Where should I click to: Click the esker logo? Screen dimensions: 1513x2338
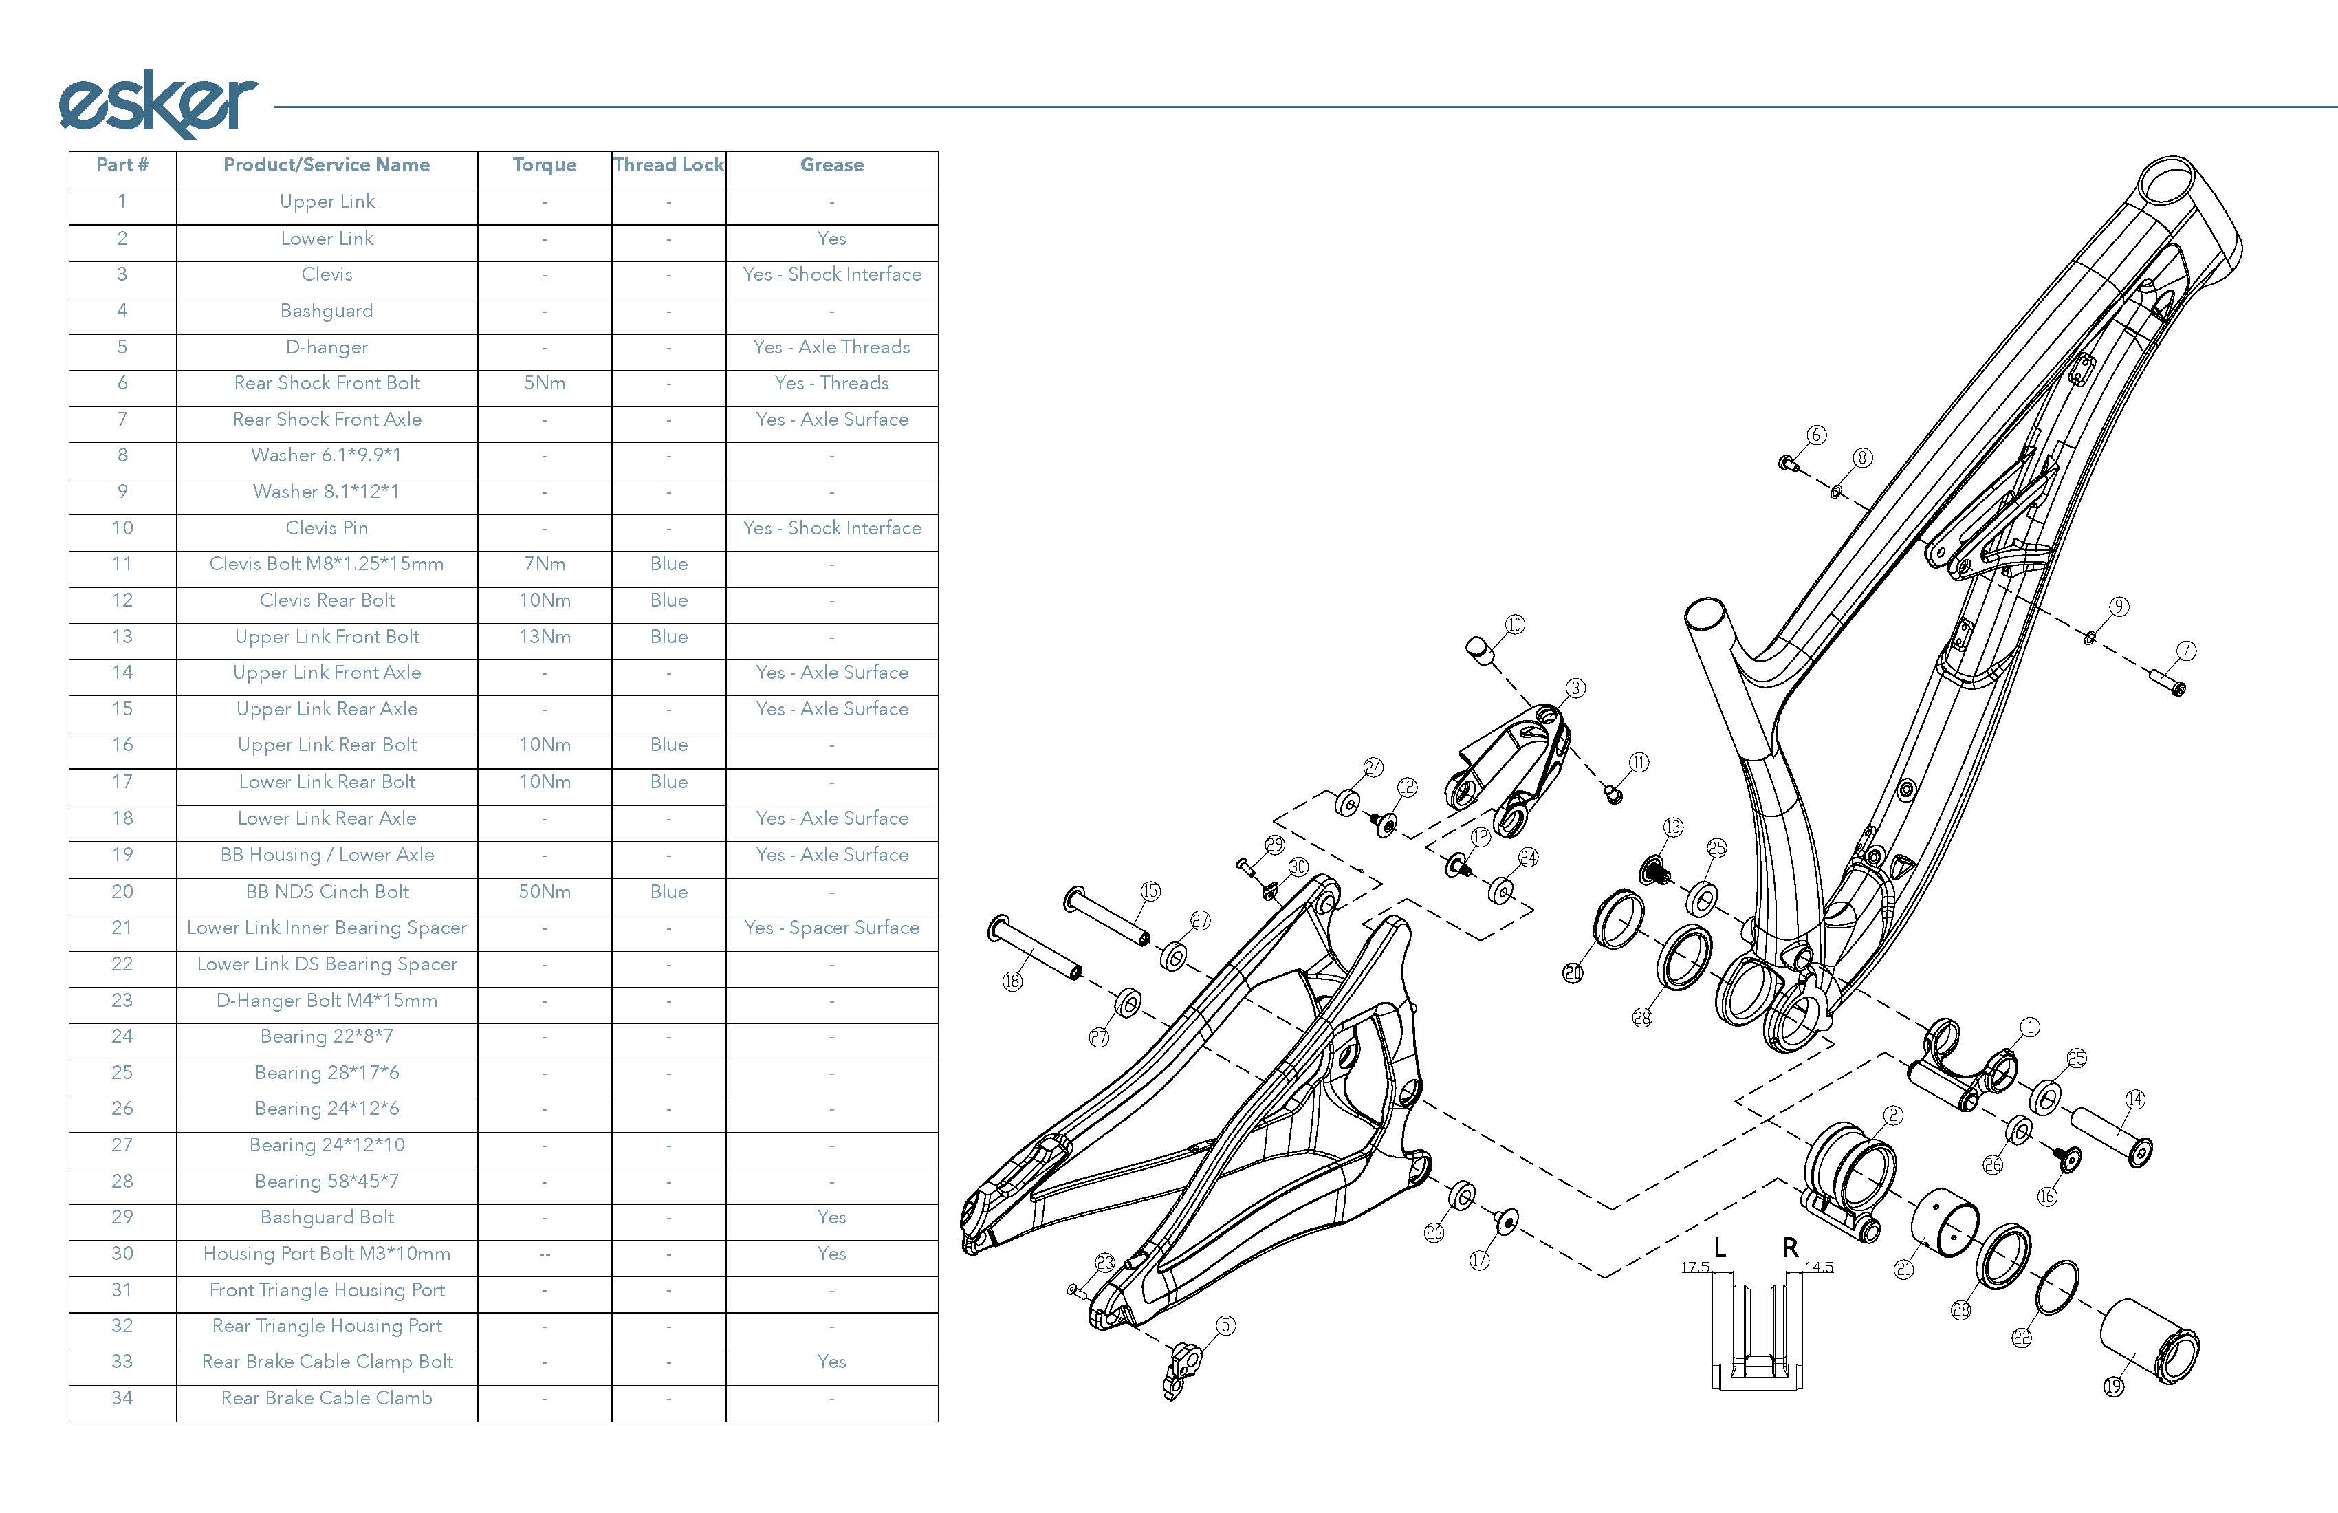point(157,103)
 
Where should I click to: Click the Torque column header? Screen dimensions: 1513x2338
point(544,165)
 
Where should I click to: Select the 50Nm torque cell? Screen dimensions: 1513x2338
point(544,892)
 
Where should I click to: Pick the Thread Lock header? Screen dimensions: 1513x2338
point(668,165)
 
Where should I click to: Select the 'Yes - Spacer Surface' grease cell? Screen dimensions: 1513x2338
point(831,928)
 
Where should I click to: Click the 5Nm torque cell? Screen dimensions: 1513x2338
point(544,383)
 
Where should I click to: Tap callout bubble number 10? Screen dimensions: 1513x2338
point(1515,624)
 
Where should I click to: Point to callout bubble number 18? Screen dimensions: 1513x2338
point(1012,981)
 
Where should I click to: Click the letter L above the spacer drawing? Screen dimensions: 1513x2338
point(1719,1248)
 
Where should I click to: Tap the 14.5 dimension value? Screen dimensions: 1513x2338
point(1820,1267)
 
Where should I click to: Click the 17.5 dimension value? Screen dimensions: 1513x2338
point(1694,1267)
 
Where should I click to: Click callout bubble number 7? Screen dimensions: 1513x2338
point(2186,651)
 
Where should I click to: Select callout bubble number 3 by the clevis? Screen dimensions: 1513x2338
point(1575,688)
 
